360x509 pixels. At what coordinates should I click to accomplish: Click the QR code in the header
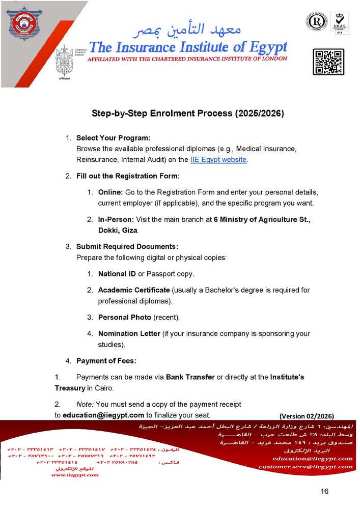coord(328,62)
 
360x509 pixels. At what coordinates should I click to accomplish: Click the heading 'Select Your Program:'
coord(113,138)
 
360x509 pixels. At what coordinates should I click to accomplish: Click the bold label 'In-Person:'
coord(116,219)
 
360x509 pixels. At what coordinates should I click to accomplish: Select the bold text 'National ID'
coord(117,274)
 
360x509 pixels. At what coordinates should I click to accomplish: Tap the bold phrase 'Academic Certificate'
coord(134,290)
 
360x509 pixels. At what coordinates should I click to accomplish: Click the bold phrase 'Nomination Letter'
coord(129,334)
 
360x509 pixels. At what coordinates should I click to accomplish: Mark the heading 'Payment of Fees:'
coord(106,361)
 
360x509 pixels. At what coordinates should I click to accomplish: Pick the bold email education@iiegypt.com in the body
coord(103,415)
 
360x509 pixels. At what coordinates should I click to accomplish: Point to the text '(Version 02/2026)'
coord(307,415)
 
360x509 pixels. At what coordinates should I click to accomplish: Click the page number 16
coord(325,491)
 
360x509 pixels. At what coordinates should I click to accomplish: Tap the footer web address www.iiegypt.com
coord(75,475)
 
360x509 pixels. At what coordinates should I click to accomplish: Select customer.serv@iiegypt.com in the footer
coord(306,466)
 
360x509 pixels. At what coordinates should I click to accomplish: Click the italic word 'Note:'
coord(84,404)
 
